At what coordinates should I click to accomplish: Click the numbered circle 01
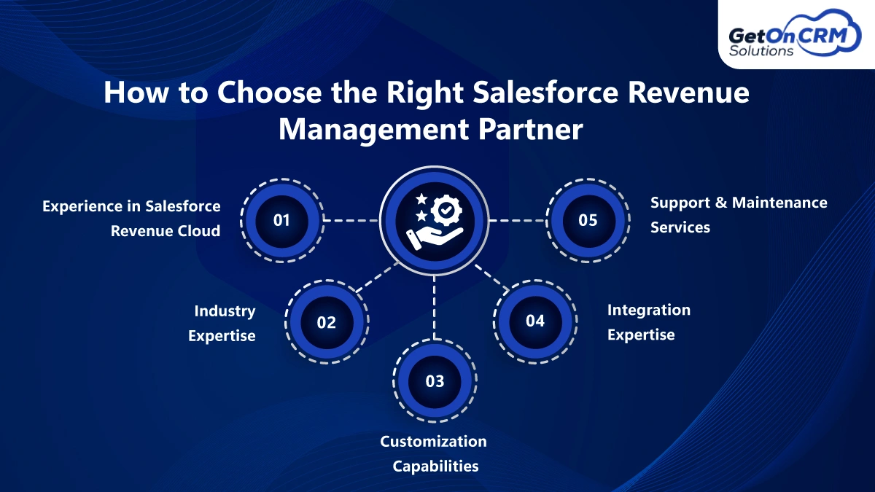click(x=282, y=220)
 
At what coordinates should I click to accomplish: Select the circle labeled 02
click(x=327, y=321)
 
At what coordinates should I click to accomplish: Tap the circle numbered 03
click(x=435, y=381)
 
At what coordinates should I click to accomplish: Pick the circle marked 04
click(x=535, y=321)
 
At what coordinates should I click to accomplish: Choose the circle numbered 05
click(x=588, y=219)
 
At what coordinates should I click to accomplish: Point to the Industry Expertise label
click(x=222, y=323)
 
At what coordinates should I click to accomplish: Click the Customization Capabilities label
click(x=435, y=453)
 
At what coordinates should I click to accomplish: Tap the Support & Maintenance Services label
click(x=738, y=214)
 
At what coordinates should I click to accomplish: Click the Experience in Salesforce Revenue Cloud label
click(x=131, y=219)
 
